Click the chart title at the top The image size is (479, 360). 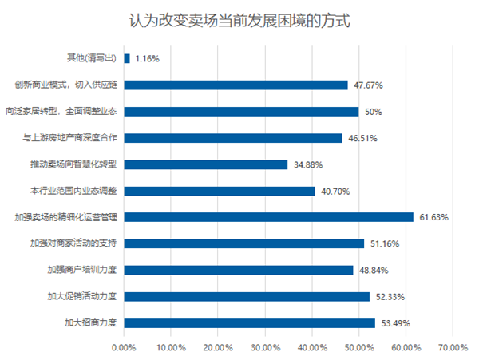click(x=239, y=19)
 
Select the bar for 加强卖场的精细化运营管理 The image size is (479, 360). click(x=268, y=216)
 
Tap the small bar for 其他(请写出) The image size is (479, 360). click(x=127, y=58)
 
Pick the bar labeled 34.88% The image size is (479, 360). click(x=205, y=164)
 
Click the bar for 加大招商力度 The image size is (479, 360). click(x=249, y=322)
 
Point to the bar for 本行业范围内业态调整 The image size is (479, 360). click(x=219, y=191)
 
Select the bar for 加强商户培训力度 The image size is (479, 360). click(x=238, y=270)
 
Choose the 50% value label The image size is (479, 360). click(x=371, y=112)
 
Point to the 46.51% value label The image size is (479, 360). click(x=362, y=138)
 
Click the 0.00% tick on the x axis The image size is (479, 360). click(x=124, y=348)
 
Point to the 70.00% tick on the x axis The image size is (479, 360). click(x=453, y=348)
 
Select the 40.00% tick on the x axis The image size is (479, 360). click(x=312, y=348)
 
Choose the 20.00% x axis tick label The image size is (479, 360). click(x=218, y=348)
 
